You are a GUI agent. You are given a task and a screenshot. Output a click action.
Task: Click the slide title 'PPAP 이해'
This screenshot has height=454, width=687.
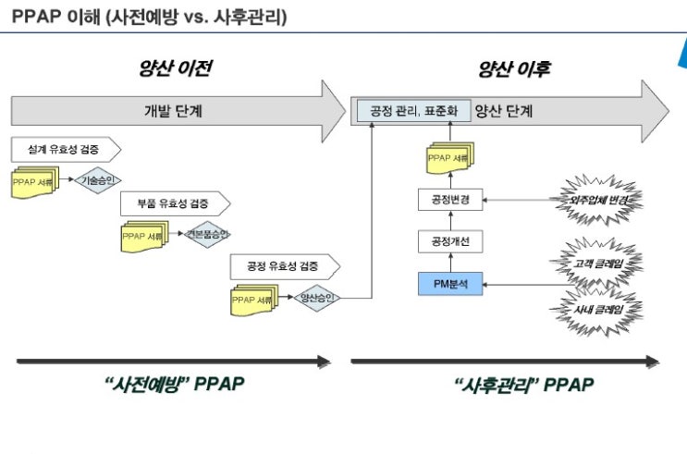pos(148,17)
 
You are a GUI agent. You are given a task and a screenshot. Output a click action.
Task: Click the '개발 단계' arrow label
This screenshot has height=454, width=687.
pos(173,111)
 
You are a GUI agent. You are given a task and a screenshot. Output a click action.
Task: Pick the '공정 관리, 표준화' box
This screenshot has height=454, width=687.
pos(413,111)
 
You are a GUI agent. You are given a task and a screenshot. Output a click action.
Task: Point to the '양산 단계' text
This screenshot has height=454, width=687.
pos(504,111)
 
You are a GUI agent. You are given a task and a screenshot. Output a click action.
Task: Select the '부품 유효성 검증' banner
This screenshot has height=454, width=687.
pos(175,203)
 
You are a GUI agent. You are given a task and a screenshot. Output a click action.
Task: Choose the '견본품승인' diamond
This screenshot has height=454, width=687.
pos(208,234)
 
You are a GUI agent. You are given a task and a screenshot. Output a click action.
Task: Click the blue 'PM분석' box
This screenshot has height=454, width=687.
pos(450,284)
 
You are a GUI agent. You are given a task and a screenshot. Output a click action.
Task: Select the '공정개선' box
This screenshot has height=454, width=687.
pos(450,241)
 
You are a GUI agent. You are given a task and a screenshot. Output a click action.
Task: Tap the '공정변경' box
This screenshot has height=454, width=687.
pos(450,199)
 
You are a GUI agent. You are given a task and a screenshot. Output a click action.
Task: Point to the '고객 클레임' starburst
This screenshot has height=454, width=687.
pos(603,264)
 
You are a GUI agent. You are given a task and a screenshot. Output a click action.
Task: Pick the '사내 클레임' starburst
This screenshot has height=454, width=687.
pos(603,308)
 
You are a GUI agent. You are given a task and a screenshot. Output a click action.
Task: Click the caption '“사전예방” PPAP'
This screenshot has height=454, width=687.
pos(174,386)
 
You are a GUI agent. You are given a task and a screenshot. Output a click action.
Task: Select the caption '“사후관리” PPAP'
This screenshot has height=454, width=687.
pos(523,386)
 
